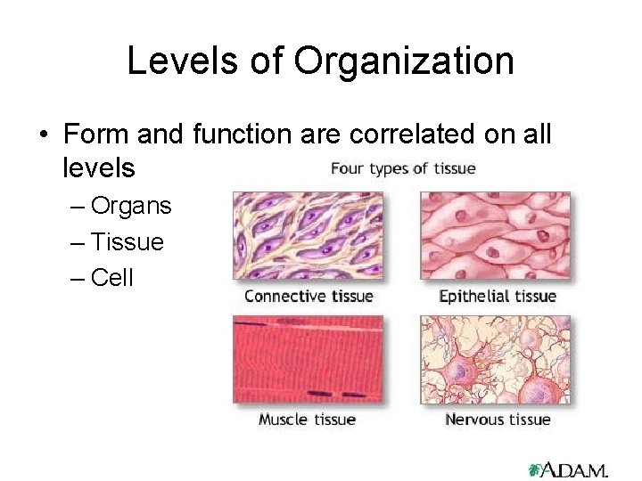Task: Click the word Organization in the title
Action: pos(404,61)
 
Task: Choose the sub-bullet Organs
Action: pos(131,206)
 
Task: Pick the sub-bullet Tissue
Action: pos(128,241)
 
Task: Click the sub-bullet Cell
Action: pos(112,277)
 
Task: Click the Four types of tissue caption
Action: pos(403,168)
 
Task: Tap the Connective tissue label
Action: pos(309,296)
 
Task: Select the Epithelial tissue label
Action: pos(498,296)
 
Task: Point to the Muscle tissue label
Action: pos(307,419)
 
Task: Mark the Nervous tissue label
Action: pos(498,419)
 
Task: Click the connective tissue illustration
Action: pos(308,237)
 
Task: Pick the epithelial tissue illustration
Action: pos(495,237)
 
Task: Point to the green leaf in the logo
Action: pos(536,469)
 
